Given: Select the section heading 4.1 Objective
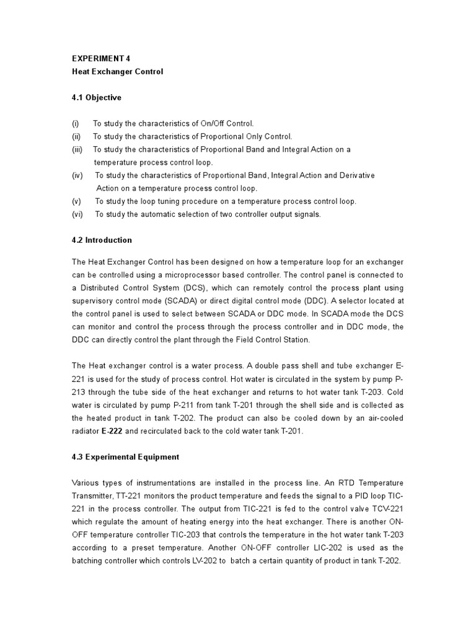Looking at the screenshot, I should (x=97, y=98).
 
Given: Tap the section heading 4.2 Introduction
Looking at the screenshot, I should (x=102, y=240).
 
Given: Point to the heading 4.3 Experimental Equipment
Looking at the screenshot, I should (x=125, y=457).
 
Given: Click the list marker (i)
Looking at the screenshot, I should (x=75, y=124).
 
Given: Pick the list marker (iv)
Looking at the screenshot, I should (x=77, y=176).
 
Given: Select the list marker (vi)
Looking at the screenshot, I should (x=77, y=214).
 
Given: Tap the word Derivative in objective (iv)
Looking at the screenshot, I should (x=354, y=176).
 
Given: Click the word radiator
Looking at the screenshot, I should (x=87, y=431).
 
